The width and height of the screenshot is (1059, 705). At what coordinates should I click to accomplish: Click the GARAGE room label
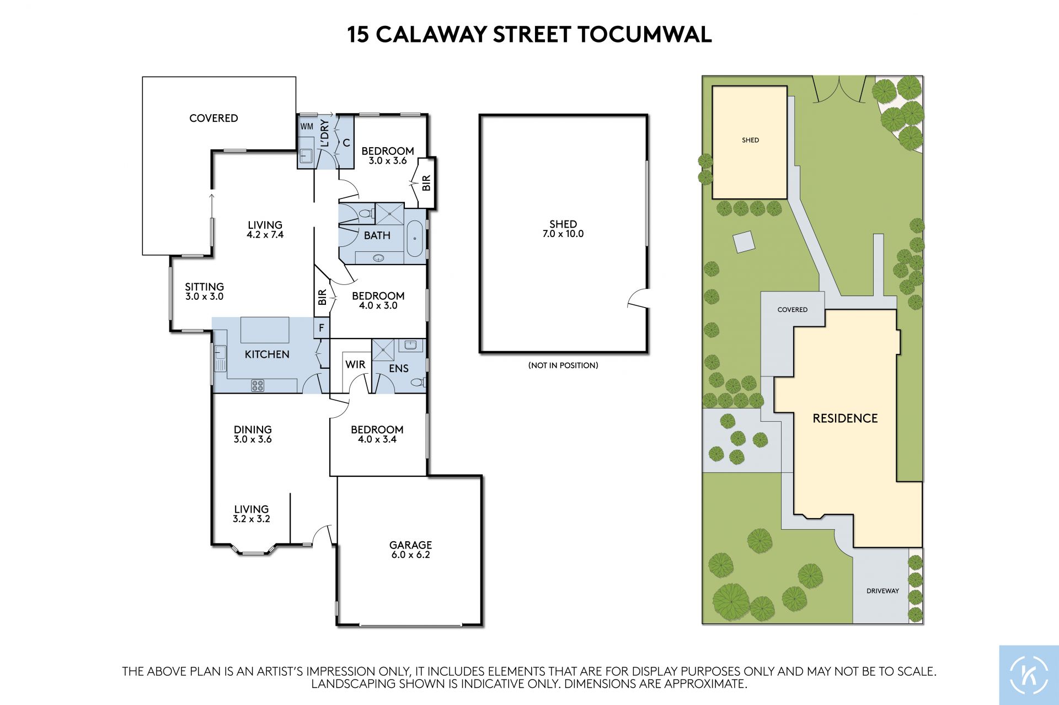410,545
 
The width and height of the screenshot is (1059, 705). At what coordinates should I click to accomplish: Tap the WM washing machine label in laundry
307,126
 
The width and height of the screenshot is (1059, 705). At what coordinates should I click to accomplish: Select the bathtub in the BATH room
415,239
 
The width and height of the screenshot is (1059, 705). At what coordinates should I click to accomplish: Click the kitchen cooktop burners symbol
258,385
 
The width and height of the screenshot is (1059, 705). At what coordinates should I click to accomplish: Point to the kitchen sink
220,358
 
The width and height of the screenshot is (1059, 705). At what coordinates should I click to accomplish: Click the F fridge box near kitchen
322,329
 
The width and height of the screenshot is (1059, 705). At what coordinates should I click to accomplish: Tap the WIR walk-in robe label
355,364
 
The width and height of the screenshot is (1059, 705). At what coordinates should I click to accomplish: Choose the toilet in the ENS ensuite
418,381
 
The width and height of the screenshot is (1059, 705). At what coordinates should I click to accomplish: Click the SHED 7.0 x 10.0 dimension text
563,234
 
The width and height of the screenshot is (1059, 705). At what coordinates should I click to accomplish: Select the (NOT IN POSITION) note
563,365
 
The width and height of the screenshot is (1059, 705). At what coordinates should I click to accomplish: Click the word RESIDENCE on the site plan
845,418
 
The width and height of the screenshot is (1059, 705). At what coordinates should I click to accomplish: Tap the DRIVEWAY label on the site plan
882,591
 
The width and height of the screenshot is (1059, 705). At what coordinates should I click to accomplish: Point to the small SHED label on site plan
750,140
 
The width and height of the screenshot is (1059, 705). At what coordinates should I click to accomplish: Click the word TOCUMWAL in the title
645,34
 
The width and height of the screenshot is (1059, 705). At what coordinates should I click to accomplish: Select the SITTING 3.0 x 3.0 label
204,291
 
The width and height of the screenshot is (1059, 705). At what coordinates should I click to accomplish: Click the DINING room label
253,429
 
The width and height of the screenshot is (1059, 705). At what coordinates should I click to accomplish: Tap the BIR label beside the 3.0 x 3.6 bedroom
426,183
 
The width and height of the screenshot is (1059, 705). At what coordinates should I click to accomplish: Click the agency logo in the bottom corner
1029,675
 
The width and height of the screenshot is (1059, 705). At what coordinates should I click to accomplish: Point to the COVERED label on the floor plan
213,118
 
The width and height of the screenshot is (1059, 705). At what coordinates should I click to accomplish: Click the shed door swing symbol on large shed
638,298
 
